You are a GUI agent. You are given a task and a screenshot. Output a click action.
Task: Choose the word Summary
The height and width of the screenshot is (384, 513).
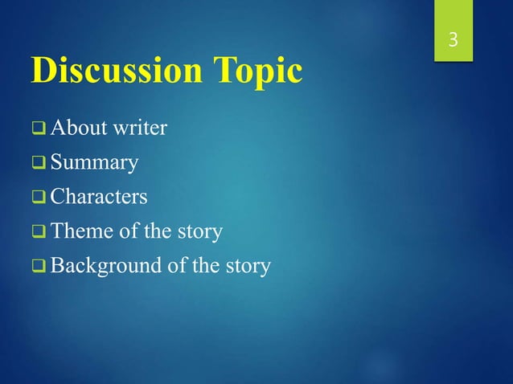[x=94, y=164]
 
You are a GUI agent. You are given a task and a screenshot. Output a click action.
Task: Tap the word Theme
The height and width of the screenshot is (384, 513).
[x=79, y=232]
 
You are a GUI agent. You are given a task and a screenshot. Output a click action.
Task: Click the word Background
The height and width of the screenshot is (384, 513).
[x=101, y=267]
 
